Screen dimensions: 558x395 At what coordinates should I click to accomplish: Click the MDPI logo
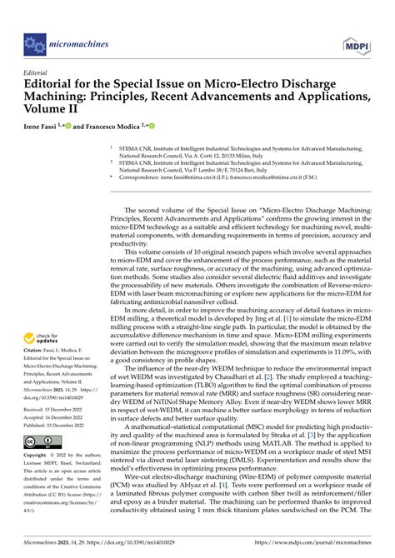362,39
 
